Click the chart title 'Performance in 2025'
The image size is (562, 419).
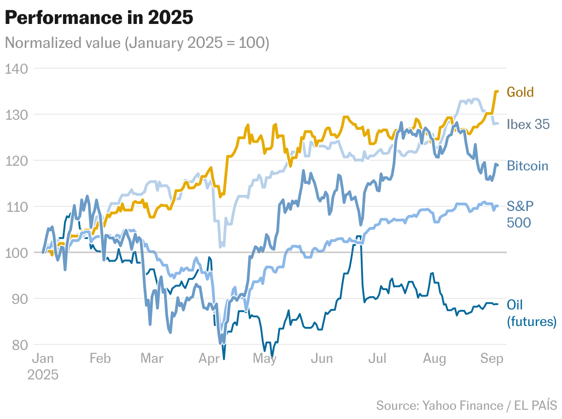click(x=99, y=18)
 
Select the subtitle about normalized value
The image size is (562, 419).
click(x=137, y=43)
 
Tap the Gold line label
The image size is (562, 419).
click(x=520, y=92)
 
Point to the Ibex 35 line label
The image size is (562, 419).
click(x=528, y=124)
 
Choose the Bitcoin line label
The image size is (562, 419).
click(x=527, y=166)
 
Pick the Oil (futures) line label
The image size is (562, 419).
click(x=531, y=313)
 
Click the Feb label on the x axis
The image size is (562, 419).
click(x=100, y=359)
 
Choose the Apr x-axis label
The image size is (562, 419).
click(x=211, y=359)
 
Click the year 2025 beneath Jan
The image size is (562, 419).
click(x=43, y=374)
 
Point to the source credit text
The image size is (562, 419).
click(x=466, y=405)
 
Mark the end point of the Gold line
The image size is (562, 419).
click(x=497, y=91)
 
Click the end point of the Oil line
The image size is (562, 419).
click(x=497, y=304)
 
